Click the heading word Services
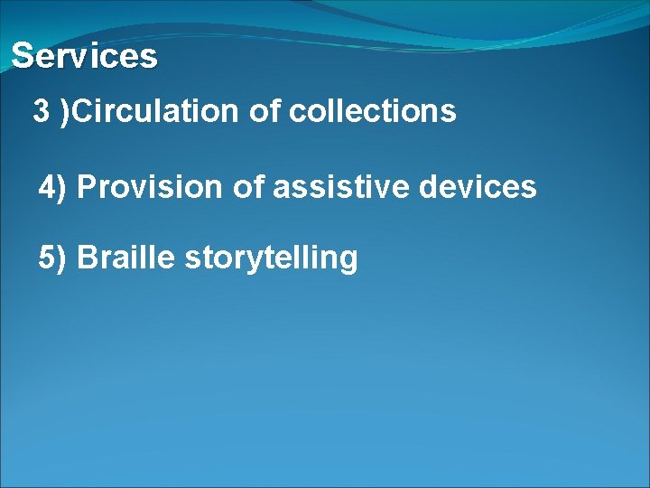[x=84, y=56]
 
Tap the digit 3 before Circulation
[x=41, y=112]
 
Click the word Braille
[x=125, y=258]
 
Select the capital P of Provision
[x=88, y=187]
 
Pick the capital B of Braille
[x=88, y=258]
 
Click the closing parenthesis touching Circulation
[x=64, y=113]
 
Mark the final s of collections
[x=449, y=113]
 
